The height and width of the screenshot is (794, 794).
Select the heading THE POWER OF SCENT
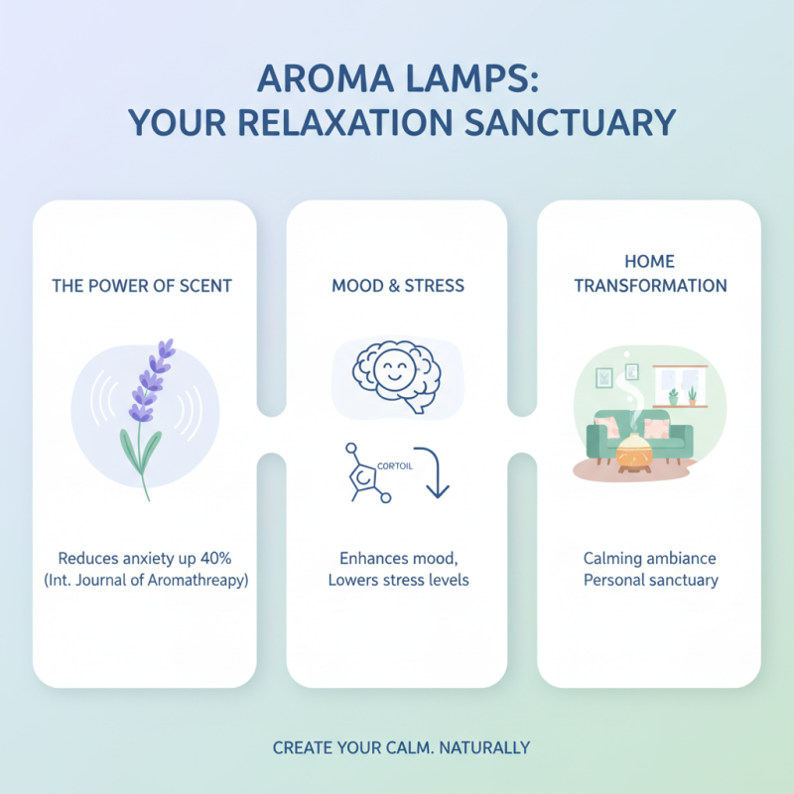coord(142,286)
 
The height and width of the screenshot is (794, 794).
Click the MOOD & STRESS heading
coord(397,286)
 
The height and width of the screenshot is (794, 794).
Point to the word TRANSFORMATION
coord(650,286)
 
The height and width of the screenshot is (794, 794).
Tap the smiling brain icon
coord(396,374)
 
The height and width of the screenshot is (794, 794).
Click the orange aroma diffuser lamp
coord(635,453)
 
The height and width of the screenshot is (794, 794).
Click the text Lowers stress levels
coord(397,580)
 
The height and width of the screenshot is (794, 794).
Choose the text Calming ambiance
coord(650,558)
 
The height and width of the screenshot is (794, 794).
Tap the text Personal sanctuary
coord(650,580)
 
